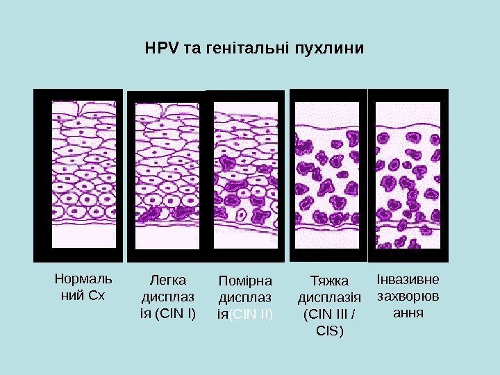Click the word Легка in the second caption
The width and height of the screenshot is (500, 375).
pyautogui.click(x=168, y=281)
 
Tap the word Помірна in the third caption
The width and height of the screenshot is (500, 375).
pyautogui.click(x=246, y=281)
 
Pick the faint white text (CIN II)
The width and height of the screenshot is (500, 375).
pyautogui.click(x=251, y=314)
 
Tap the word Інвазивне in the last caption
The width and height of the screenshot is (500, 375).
pyautogui.click(x=408, y=281)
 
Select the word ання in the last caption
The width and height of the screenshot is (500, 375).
pyautogui.click(x=408, y=312)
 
